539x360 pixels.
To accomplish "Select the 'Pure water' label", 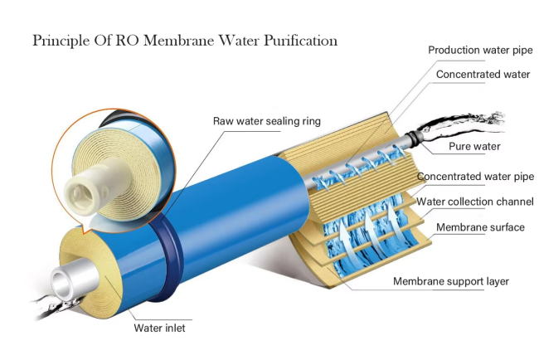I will pos(475,147).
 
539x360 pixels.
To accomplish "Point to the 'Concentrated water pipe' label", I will pos(475,177).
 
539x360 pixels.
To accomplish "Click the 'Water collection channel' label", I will pos(475,202).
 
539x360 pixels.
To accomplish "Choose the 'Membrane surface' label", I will pos(480,227).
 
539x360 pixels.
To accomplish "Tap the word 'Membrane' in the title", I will pos(175,40).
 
